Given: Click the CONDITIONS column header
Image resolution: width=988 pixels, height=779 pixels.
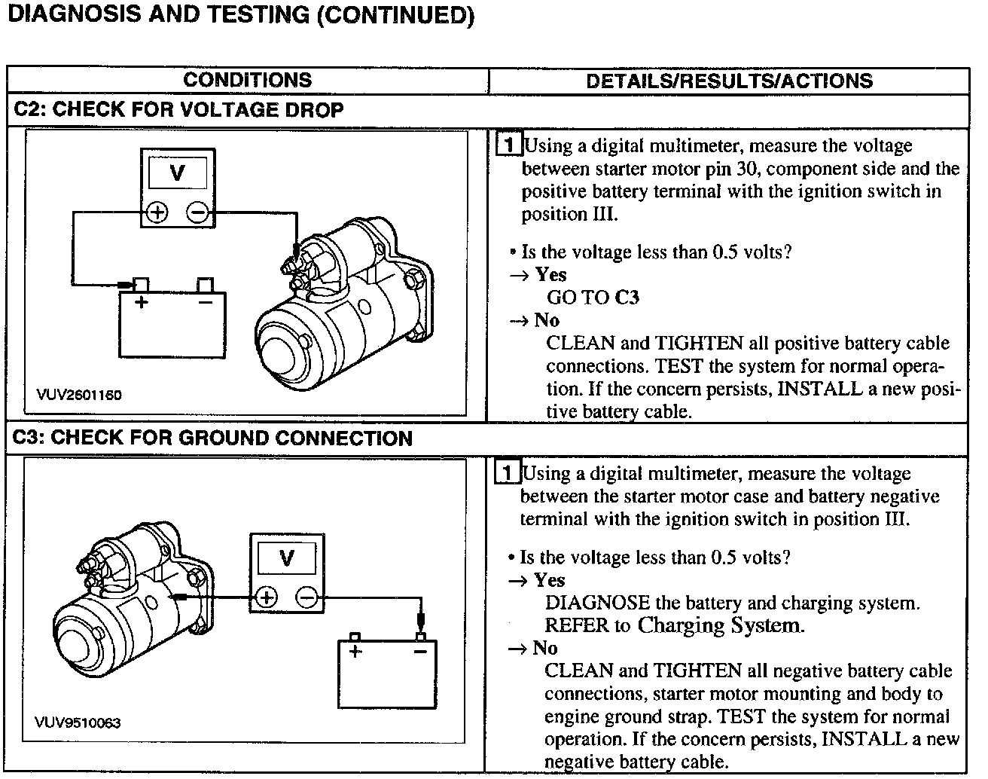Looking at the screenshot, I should [x=247, y=80].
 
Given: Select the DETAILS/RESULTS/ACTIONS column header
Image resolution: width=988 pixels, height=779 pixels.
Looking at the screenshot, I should [x=729, y=81].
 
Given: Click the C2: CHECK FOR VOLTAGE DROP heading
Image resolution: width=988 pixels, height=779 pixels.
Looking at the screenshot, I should [x=178, y=110].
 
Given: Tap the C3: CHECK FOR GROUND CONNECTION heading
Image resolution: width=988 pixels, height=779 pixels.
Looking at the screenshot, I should [x=213, y=438].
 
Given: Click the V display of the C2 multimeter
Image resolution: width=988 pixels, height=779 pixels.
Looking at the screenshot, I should [x=178, y=173].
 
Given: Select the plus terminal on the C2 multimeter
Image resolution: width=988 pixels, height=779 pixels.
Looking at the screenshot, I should [x=157, y=212].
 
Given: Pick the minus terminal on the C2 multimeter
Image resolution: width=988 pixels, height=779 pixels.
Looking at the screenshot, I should [x=198, y=212].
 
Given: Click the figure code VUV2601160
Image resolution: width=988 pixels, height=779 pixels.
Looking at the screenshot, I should [x=78, y=395].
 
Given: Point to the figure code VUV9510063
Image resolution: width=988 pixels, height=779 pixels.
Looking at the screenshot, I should [x=77, y=722].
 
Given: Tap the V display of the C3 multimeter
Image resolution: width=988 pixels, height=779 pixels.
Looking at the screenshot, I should [x=286, y=559].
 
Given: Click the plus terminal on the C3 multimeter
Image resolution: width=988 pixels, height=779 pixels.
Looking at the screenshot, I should [x=266, y=598].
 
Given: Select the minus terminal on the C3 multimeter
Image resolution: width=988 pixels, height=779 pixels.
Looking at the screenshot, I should [x=306, y=598].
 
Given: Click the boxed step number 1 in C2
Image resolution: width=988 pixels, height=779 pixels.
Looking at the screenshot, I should [x=509, y=145].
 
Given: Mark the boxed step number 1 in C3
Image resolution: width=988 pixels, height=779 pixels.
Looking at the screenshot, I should [x=508, y=473].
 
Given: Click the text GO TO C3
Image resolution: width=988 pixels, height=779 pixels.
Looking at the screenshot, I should [x=593, y=298].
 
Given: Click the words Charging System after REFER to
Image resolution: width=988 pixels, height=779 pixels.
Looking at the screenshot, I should [x=717, y=625].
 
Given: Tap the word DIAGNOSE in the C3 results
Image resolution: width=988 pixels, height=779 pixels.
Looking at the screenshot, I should [x=597, y=603].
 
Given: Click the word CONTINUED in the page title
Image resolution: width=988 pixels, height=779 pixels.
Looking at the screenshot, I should [x=395, y=15].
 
